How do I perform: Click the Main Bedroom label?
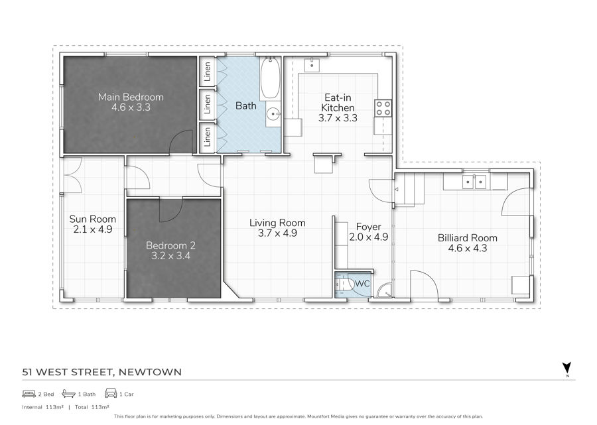coord(131,97)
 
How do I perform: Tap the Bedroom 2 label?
coord(170,245)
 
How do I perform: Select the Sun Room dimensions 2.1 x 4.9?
coord(92,229)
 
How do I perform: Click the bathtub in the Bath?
coord(271,78)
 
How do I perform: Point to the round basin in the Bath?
coord(273,113)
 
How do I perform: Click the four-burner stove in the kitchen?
coord(383,108)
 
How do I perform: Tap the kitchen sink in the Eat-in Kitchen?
coord(312,65)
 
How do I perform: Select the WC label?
coord(362,284)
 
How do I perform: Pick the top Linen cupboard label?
coord(208,72)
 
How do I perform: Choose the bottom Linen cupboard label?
coord(208,137)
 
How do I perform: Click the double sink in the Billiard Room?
coord(474,182)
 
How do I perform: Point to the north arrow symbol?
coord(567,368)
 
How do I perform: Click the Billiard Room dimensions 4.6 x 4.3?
coord(467,249)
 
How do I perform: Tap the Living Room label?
coord(277,223)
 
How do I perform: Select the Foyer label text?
coord(369,227)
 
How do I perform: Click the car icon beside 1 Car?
coord(111,393)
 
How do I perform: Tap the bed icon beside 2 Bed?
coord(29,394)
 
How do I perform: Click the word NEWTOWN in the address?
coord(150,372)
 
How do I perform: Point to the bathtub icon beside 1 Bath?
coord(68,393)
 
